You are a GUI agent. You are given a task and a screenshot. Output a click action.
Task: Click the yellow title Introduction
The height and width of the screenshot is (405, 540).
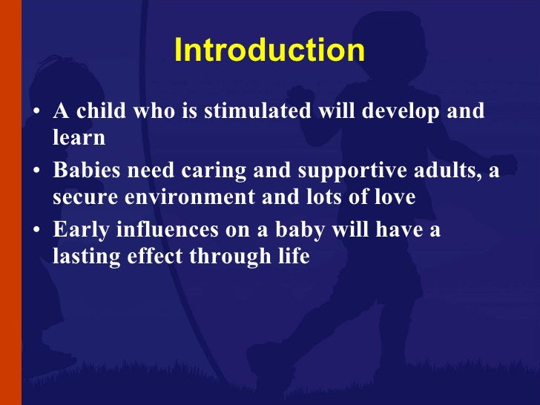pos(269,51)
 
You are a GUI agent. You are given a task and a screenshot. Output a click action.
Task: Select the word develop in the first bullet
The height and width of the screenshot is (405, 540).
pos(395,112)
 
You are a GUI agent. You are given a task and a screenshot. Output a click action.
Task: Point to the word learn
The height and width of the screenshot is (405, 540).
pos(79,137)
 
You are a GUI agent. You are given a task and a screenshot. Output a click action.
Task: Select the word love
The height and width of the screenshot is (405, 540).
pos(395,197)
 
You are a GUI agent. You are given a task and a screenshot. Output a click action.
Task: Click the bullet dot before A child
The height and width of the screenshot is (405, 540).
pos(37,113)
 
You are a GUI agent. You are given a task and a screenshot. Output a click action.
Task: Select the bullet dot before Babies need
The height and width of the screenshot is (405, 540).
pos(37,173)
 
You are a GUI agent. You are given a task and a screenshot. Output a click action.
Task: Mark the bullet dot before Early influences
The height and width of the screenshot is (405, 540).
pos(37,232)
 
